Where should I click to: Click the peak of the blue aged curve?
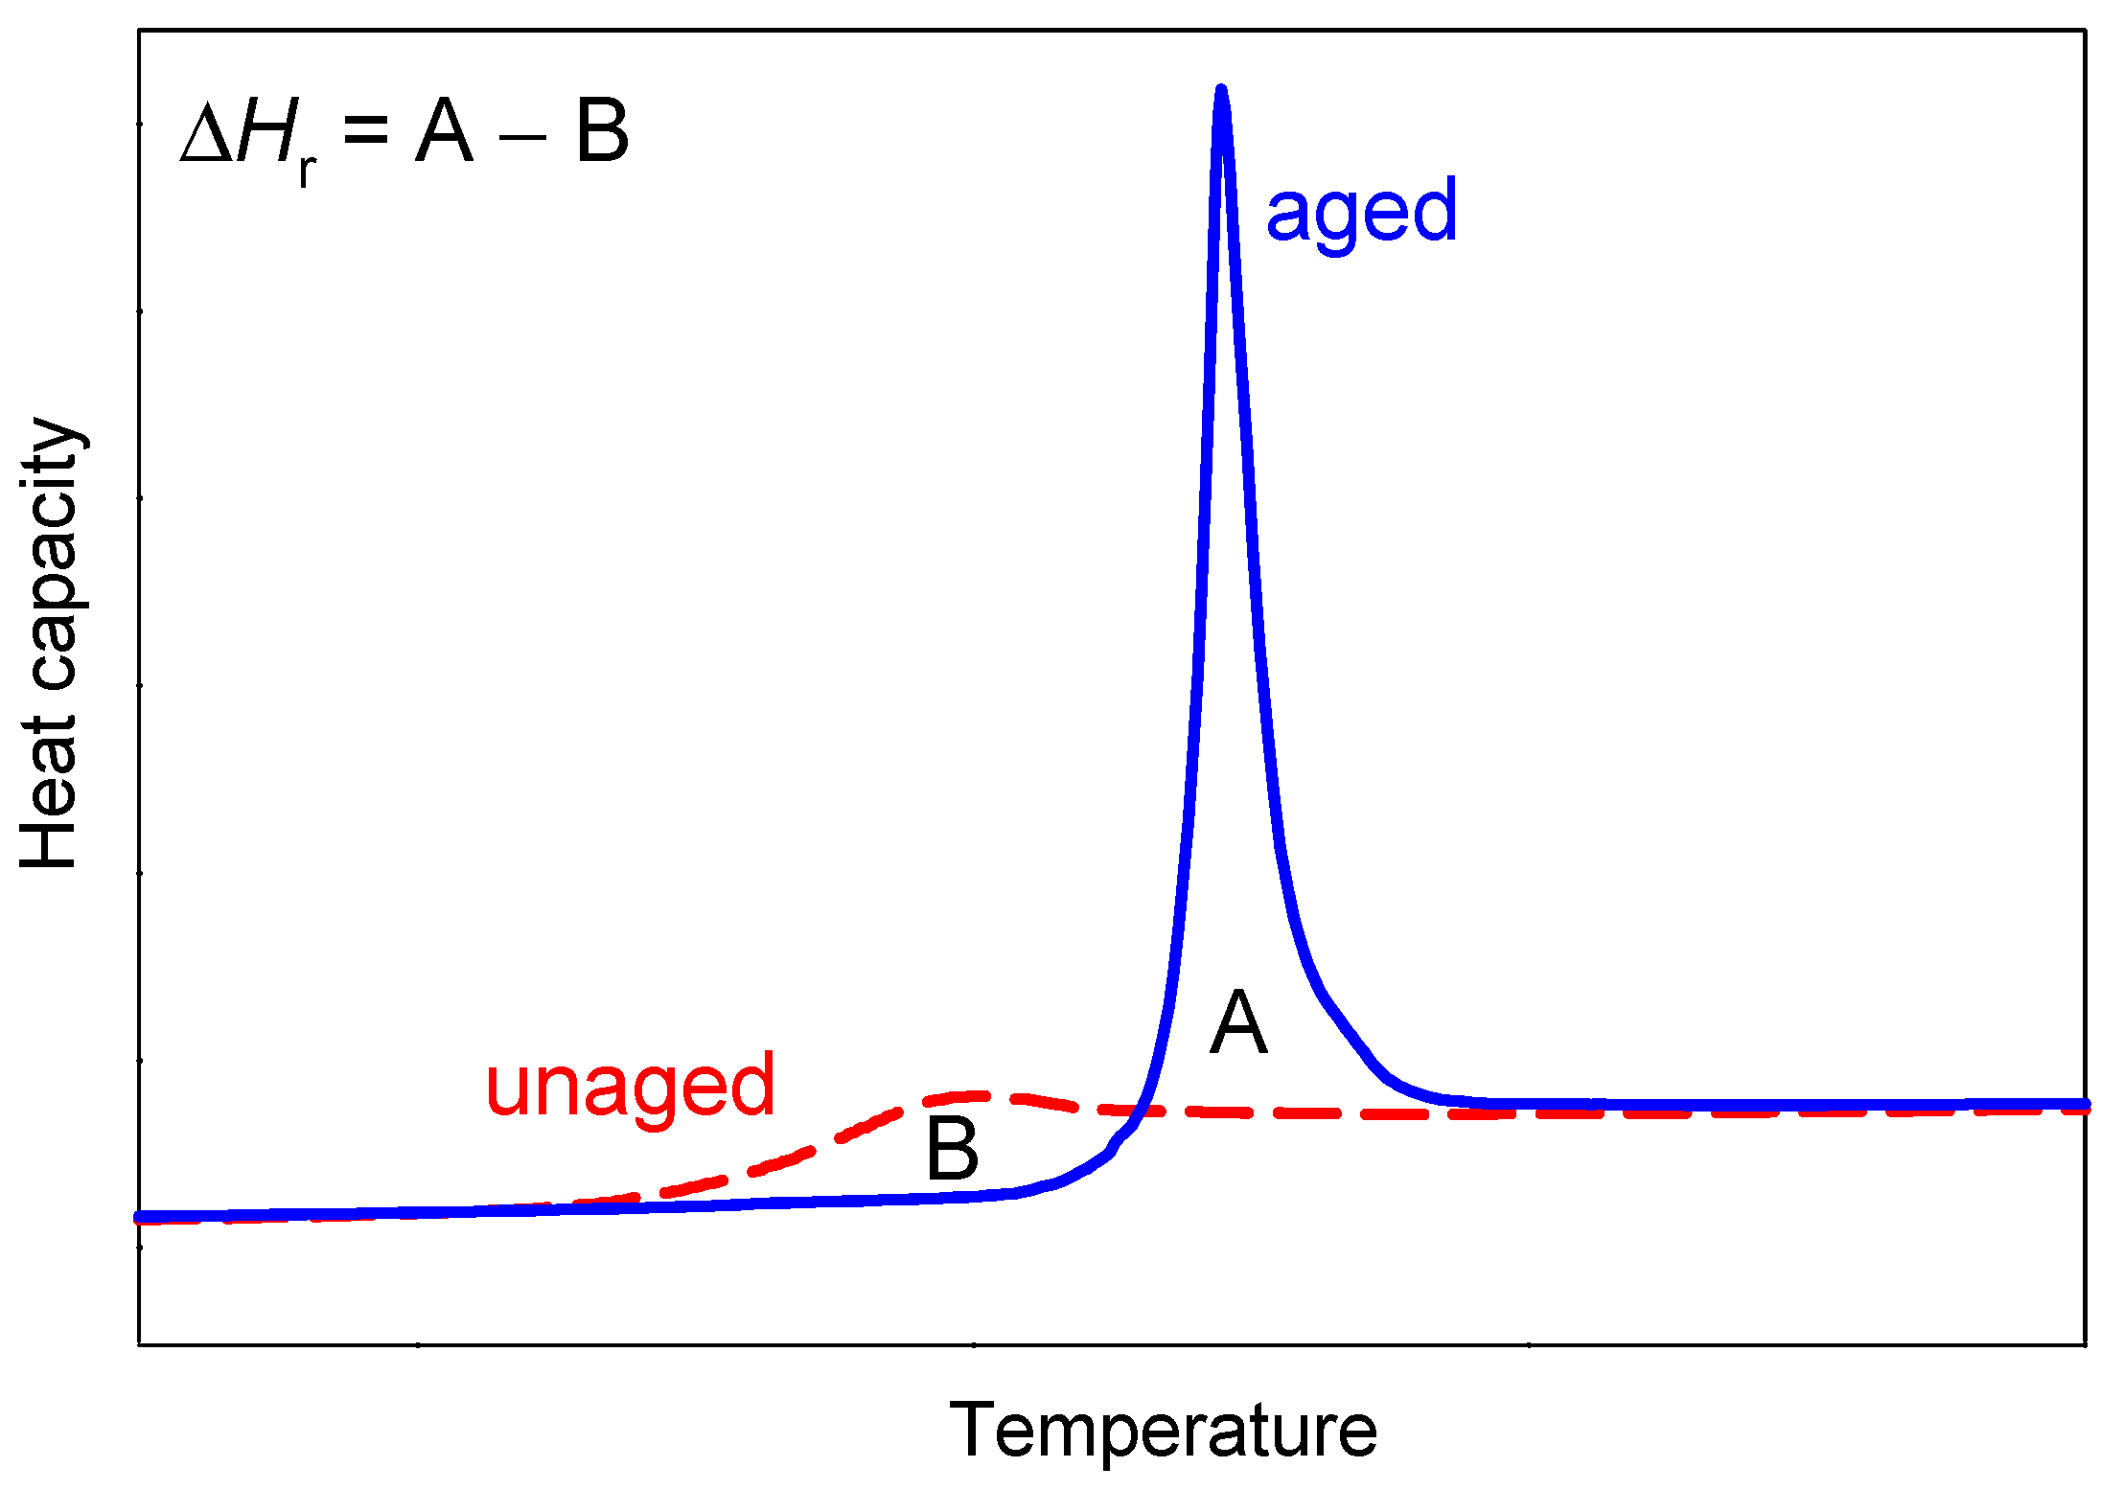tap(1221, 92)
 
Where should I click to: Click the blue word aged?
tap(1361, 211)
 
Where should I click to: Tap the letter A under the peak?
tap(1238, 1023)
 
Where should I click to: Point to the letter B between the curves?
tap(952, 1150)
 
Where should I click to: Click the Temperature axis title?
tap(1163, 1430)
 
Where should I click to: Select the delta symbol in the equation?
tap(207, 134)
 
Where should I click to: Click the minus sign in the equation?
tap(523, 137)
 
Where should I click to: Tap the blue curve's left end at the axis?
tap(142, 1217)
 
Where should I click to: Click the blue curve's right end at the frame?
tap(2082, 1104)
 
